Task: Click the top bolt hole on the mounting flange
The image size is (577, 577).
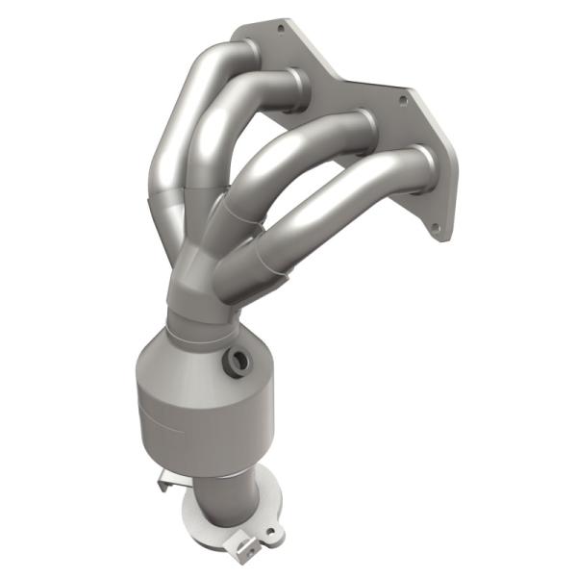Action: tap(280, 30)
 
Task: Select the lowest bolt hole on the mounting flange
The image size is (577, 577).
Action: tap(436, 228)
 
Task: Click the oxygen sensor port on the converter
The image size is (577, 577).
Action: tap(234, 363)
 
